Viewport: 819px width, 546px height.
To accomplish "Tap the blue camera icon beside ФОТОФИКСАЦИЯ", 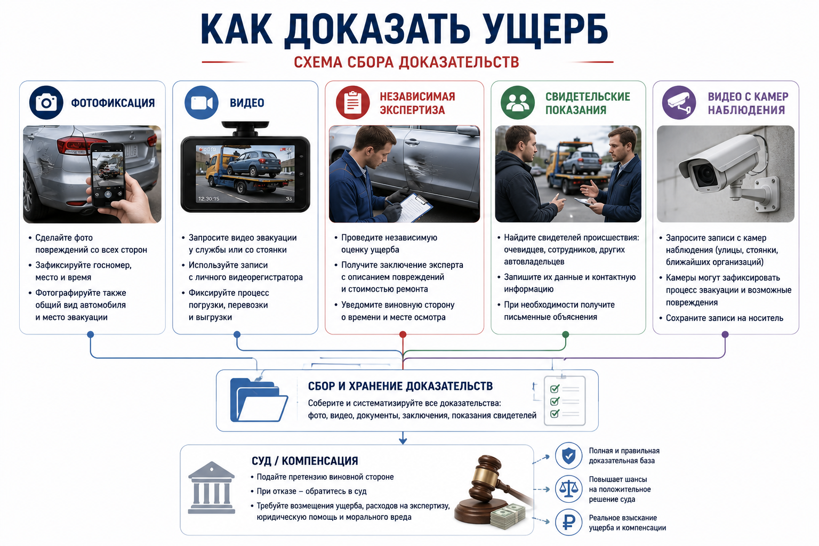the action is tap(46, 102).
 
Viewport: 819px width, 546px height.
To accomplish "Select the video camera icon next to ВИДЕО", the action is tap(202, 102).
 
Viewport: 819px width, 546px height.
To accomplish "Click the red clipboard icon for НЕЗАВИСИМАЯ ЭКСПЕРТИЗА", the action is tap(353, 102).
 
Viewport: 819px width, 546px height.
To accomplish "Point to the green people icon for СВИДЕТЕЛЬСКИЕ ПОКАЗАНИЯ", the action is tap(517, 102).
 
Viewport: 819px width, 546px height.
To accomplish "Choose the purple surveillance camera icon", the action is tap(679, 102).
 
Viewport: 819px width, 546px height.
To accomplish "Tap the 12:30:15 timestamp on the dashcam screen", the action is tap(209, 198).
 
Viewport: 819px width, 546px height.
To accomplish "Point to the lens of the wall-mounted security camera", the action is tap(705, 175).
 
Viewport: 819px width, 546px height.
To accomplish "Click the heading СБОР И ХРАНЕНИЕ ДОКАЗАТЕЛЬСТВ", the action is tap(400, 386).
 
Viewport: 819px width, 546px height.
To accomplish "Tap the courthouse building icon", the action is tap(211, 487).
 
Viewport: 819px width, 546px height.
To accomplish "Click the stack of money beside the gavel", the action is tap(508, 516).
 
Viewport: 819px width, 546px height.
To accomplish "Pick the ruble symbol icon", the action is tap(568, 522).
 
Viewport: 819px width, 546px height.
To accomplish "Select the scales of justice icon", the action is tap(568, 489).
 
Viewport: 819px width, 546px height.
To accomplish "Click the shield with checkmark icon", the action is tap(568, 456).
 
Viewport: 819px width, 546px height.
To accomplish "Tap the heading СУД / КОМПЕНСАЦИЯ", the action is tap(304, 461).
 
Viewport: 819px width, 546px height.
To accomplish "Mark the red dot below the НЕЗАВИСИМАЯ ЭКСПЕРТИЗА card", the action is tap(403, 334).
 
